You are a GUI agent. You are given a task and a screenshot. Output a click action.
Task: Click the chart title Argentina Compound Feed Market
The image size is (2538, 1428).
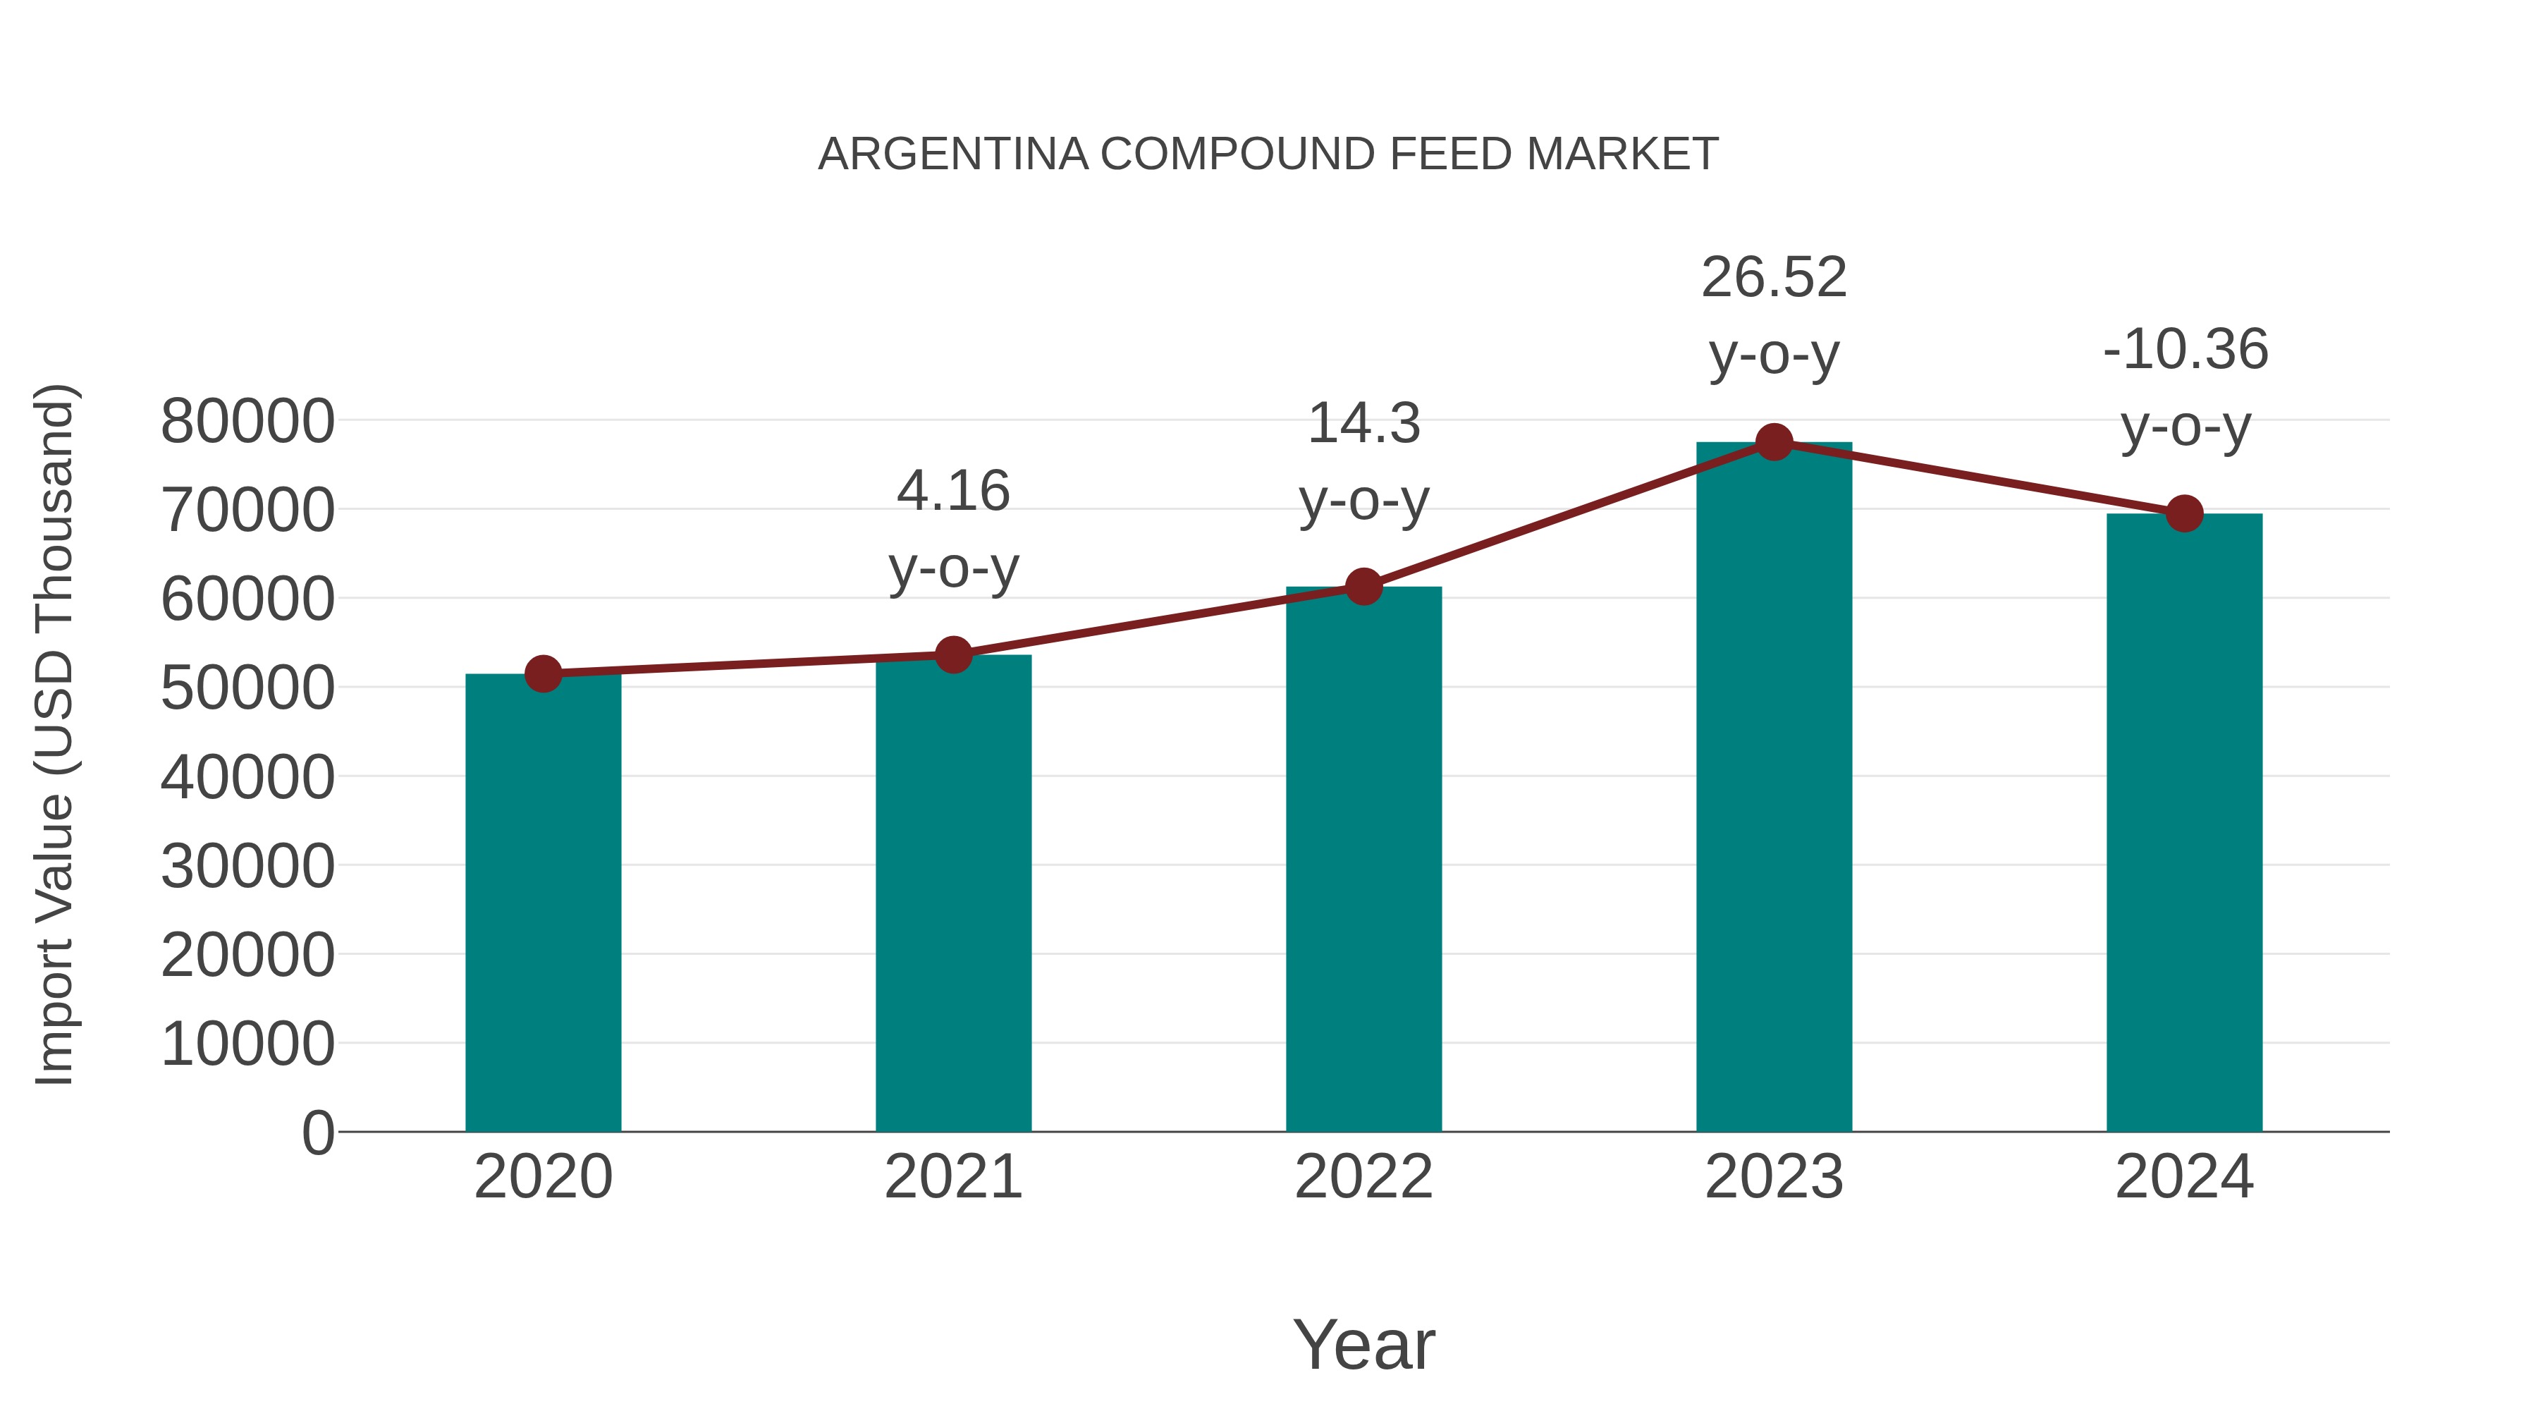(1268, 154)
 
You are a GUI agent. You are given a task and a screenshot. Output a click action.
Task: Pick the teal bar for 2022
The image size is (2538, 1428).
(1363, 858)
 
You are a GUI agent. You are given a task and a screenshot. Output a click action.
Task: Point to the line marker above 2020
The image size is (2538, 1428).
(543, 674)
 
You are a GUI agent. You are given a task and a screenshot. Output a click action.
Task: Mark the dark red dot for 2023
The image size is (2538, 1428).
(1774, 442)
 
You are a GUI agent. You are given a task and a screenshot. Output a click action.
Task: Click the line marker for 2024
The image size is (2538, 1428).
(2184, 513)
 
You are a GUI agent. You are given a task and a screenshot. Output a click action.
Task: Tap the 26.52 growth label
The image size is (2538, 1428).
(1774, 278)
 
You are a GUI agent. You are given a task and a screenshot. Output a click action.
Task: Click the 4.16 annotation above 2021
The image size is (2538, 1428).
(952, 491)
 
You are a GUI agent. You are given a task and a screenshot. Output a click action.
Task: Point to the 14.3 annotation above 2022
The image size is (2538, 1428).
(1363, 424)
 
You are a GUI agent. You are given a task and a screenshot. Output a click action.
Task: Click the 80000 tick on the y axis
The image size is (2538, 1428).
(247, 422)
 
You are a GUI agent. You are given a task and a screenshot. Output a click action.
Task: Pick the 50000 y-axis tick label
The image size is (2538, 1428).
(247, 688)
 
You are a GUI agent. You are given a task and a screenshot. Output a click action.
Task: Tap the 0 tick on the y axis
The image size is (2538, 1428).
(317, 1133)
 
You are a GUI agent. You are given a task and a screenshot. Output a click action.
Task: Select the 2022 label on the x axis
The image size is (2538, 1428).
(1363, 1177)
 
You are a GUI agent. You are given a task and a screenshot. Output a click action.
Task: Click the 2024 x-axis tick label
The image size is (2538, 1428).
(2184, 1177)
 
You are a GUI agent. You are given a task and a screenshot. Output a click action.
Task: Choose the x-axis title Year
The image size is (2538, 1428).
(1363, 1344)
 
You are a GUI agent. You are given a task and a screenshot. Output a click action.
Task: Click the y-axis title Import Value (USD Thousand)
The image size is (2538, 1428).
(54, 734)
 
